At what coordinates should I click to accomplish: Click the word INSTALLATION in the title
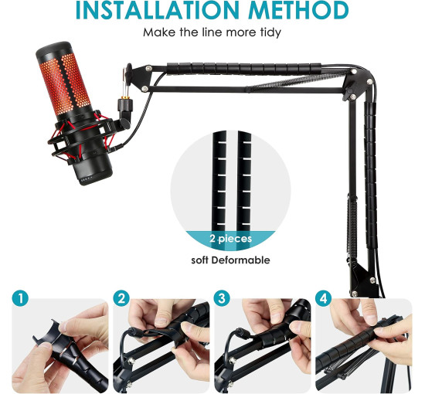click(157, 10)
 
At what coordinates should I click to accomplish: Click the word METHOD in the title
click(299, 10)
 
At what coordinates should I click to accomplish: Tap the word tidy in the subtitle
click(270, 32)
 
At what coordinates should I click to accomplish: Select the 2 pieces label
click(231, 239)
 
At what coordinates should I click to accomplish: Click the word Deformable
click(240, 260)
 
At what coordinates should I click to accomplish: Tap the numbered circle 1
click(20, 298)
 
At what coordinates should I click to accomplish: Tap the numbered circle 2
click(121, 298)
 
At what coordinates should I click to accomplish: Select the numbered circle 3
click(223, 298)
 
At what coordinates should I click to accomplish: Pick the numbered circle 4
click(324, 298)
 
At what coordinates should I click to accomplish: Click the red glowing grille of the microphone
click(65, 83)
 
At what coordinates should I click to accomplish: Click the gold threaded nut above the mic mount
click(125, 97)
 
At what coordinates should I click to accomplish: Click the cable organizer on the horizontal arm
click(244, 69)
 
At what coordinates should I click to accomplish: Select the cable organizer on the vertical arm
click(370, 176)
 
